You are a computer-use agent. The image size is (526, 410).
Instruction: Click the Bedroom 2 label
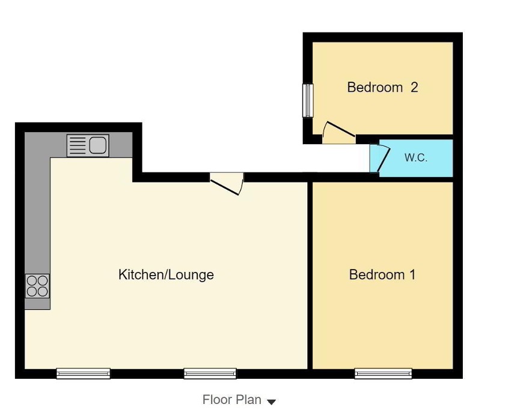tap(382, 88)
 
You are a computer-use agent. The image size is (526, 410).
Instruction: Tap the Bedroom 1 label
tap(382, 275)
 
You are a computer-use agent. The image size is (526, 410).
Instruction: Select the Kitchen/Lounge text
tap(166, 275)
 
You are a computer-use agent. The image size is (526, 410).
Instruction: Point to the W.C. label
tap(416, 158)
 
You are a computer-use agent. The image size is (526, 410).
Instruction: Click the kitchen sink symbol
tap(88, 145)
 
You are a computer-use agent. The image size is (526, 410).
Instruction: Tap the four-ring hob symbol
tap(37, 286)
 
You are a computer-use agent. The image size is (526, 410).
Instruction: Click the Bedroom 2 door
tap(338, 133)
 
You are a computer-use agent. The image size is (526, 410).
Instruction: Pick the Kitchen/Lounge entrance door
tap(227, 183)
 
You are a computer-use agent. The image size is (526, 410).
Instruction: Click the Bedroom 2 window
tap(308, 100)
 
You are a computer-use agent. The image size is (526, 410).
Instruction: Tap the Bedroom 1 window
tap(383, 373)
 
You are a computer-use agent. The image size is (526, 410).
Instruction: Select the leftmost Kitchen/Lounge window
tap(83, 373)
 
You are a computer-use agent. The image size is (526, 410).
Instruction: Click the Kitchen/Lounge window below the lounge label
tap(210, 373)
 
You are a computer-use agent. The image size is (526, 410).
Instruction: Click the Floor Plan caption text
tap(231, 400)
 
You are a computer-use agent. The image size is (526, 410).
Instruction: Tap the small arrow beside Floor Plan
tap(271, 402)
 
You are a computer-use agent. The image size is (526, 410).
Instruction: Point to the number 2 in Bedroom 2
tap(414, 88)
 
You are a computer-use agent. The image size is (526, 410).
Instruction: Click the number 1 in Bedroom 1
tap(412, 275)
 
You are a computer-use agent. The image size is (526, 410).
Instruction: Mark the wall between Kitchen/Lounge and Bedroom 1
tap(310, 275)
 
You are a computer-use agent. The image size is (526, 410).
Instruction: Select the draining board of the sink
tap(78, 145)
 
